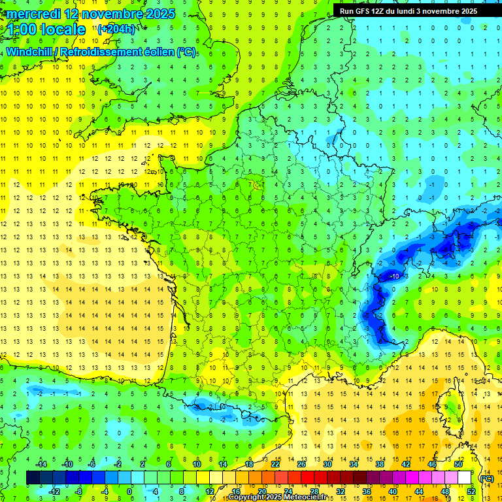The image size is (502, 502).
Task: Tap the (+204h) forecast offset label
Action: pyautogui.click(x=116, y=29)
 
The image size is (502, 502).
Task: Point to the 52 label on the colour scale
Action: pyautogui.click(x=471, y=492)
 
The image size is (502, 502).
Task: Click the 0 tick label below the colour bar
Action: pyautogui.click(x=130, y=492)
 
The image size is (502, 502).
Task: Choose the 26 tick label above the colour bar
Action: pyautogui.click(x=301, y=463)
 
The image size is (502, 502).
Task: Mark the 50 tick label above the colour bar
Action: pyautogui.click(x=458, y=463)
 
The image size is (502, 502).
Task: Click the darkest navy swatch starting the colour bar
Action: pyautogui.click(x=33, y=478)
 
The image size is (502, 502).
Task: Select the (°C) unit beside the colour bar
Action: pyautogui.click(x=487, y=478)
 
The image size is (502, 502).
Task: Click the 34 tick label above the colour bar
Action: pyautogui.click(x=354, y=463)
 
